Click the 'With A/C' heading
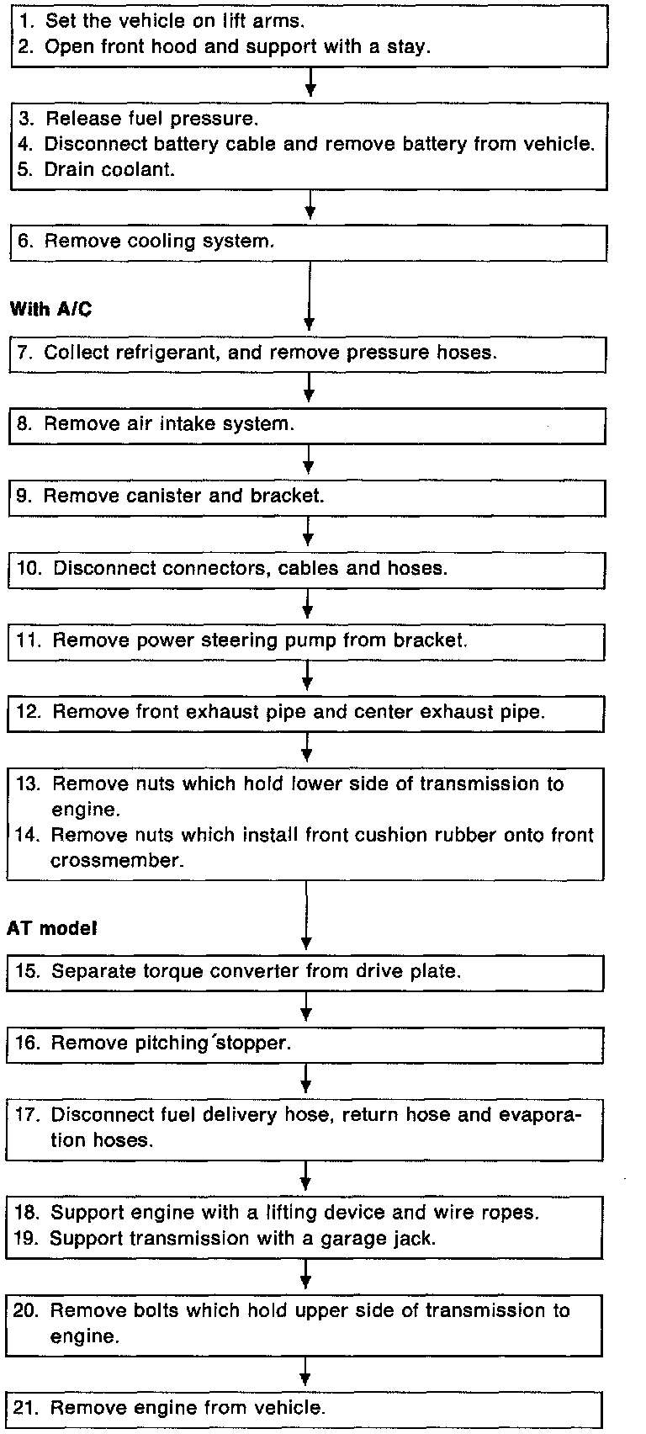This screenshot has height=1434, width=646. pos(50,310)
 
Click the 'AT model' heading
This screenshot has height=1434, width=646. pos(52,928)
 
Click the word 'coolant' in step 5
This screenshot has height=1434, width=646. pos(142,169)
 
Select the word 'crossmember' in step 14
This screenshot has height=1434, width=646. pos(117,861)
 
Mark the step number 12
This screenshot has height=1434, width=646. pos(28,713)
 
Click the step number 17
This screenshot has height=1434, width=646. pos(27,1116)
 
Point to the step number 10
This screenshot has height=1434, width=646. pos(29,569)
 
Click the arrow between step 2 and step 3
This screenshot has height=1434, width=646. pos(311,82)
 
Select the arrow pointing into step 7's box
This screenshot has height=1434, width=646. pos(310,298)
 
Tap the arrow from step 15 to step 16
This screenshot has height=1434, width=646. pos(307,1006)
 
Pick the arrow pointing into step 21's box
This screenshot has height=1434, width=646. pos(305,1372)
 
